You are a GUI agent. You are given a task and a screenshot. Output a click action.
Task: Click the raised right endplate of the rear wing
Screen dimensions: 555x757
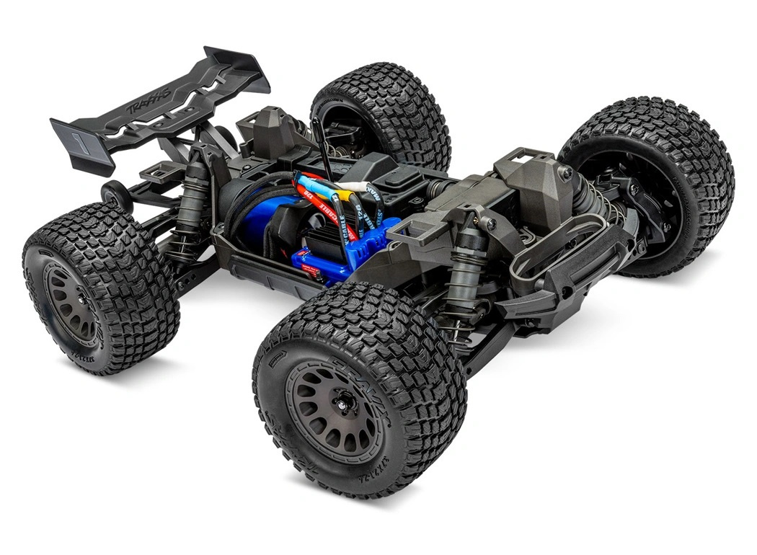[x=238, y=68]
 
